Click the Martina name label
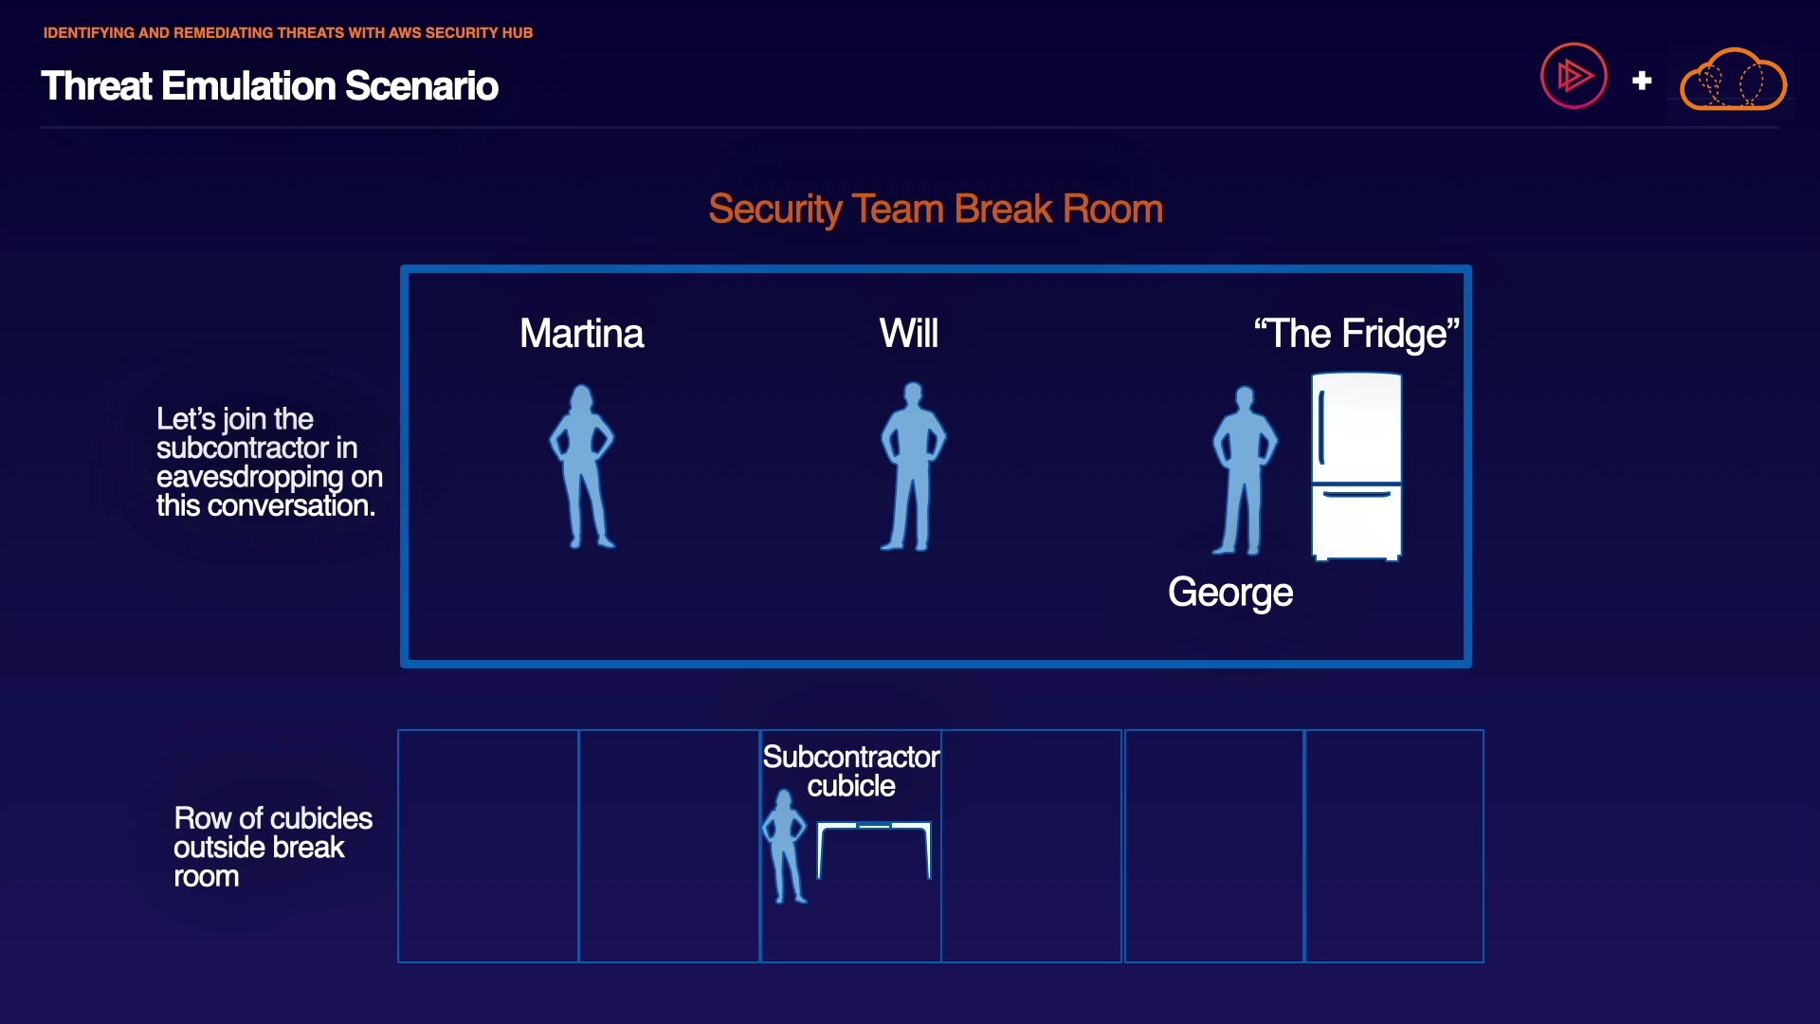[x=582, y=334]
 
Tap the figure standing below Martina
[x=582, y=466]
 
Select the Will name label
[x=909, y=334]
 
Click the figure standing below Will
[x=913, y=466]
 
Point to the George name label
[x=1230, y=594]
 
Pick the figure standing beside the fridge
[x=1245, y=470]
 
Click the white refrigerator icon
[x=1356, y=466]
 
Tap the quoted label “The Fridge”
[x=1356, y=334]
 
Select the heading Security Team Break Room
[x=936, y=210]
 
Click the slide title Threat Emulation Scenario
[x=269, y=86]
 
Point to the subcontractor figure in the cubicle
[x=785, y=847]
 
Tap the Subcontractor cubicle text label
[x=851, y=771]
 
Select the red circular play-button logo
[x=1574, y=76]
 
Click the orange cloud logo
[x=1734, y=80]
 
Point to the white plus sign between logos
[x=1642, y=81]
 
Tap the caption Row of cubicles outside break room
[x=273, y=847]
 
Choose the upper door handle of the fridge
[x=1321, y=429]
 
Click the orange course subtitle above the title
[x=288, y=33]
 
